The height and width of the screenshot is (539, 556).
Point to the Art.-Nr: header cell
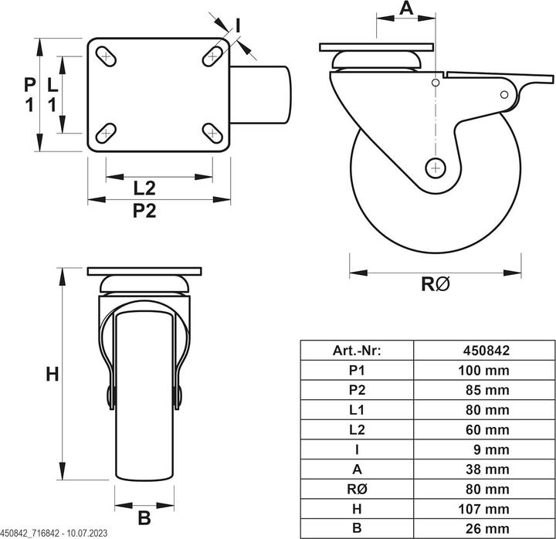357,350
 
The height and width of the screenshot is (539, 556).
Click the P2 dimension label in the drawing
144,211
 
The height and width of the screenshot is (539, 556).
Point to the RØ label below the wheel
435,284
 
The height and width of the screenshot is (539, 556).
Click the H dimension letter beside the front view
52,375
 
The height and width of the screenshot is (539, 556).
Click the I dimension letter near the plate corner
238,25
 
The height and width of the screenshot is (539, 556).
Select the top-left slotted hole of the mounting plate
105,56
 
